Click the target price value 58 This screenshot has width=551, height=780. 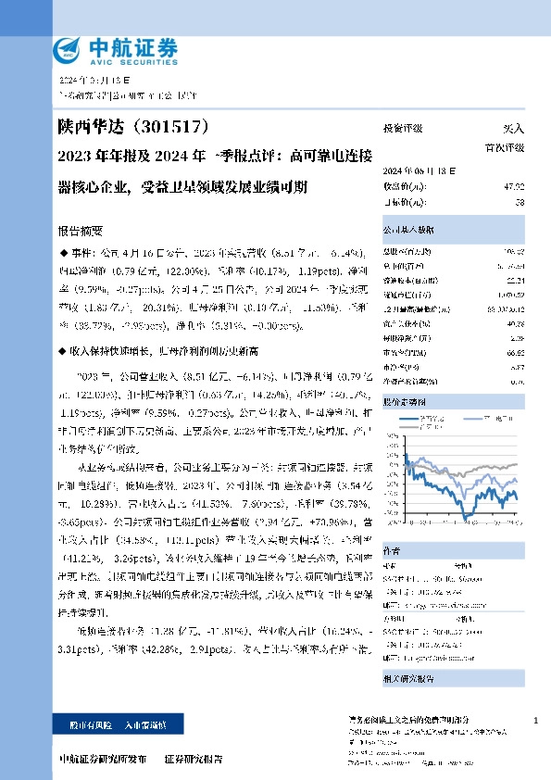[x=519, y=201]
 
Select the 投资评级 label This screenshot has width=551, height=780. [x=403, y=129]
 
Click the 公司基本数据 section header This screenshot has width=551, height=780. [x=407, y=229]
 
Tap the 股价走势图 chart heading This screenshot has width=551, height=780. [x=405, y=403]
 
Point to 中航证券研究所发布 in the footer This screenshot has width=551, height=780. [x=101, y=758]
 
